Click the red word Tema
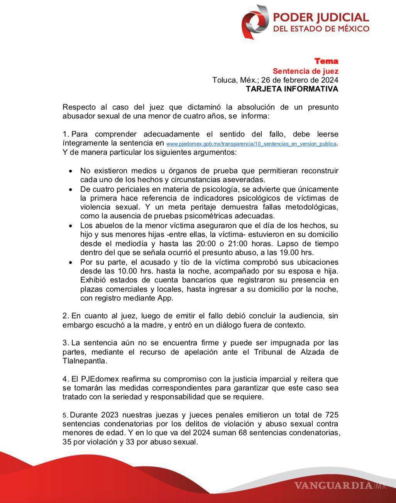(x=326, y=61)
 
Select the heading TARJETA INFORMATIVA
(x=292, y=89)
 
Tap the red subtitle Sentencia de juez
(x=306, y=71)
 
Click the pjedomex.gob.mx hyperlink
(x=251, y=144)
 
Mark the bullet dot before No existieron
(x=70, y=171)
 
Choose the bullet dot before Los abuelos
(x=70, y=225)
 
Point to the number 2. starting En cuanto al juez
(x=66, y=316)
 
